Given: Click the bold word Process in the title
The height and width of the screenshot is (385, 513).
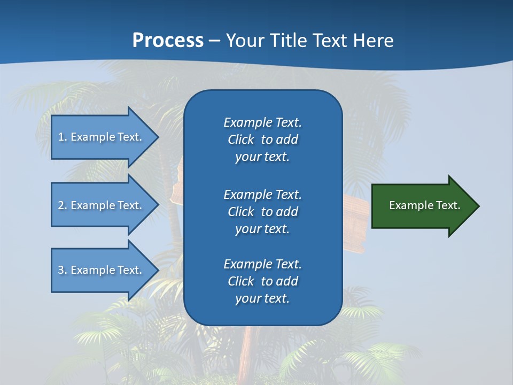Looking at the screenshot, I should (x=168, y=41).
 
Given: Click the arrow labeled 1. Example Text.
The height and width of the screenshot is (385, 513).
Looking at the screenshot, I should (x=102, y=137).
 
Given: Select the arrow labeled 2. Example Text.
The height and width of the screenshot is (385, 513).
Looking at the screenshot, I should (x=102, y=205).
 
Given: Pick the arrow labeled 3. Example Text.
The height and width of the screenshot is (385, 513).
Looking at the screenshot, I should (x=102, y=270).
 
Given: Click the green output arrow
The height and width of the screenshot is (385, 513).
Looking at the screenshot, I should (x=422, y=205).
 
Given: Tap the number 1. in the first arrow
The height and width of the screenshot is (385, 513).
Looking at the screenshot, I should (x=63, y=137).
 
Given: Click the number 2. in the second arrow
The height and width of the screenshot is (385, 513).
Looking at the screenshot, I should (x=63, y=205).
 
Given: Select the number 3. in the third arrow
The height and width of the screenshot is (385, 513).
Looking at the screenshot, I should (x=63, y=270).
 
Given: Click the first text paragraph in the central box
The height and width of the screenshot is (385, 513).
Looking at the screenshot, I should (x=262, y=140).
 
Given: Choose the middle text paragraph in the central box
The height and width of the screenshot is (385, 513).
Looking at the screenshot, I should (x=262, y=211).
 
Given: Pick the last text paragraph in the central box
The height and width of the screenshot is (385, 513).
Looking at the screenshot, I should (x=262, y=281).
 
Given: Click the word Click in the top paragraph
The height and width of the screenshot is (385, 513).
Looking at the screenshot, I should (x=240, y=140).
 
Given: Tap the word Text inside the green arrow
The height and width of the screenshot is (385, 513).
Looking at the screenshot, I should (x=449, y=205).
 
